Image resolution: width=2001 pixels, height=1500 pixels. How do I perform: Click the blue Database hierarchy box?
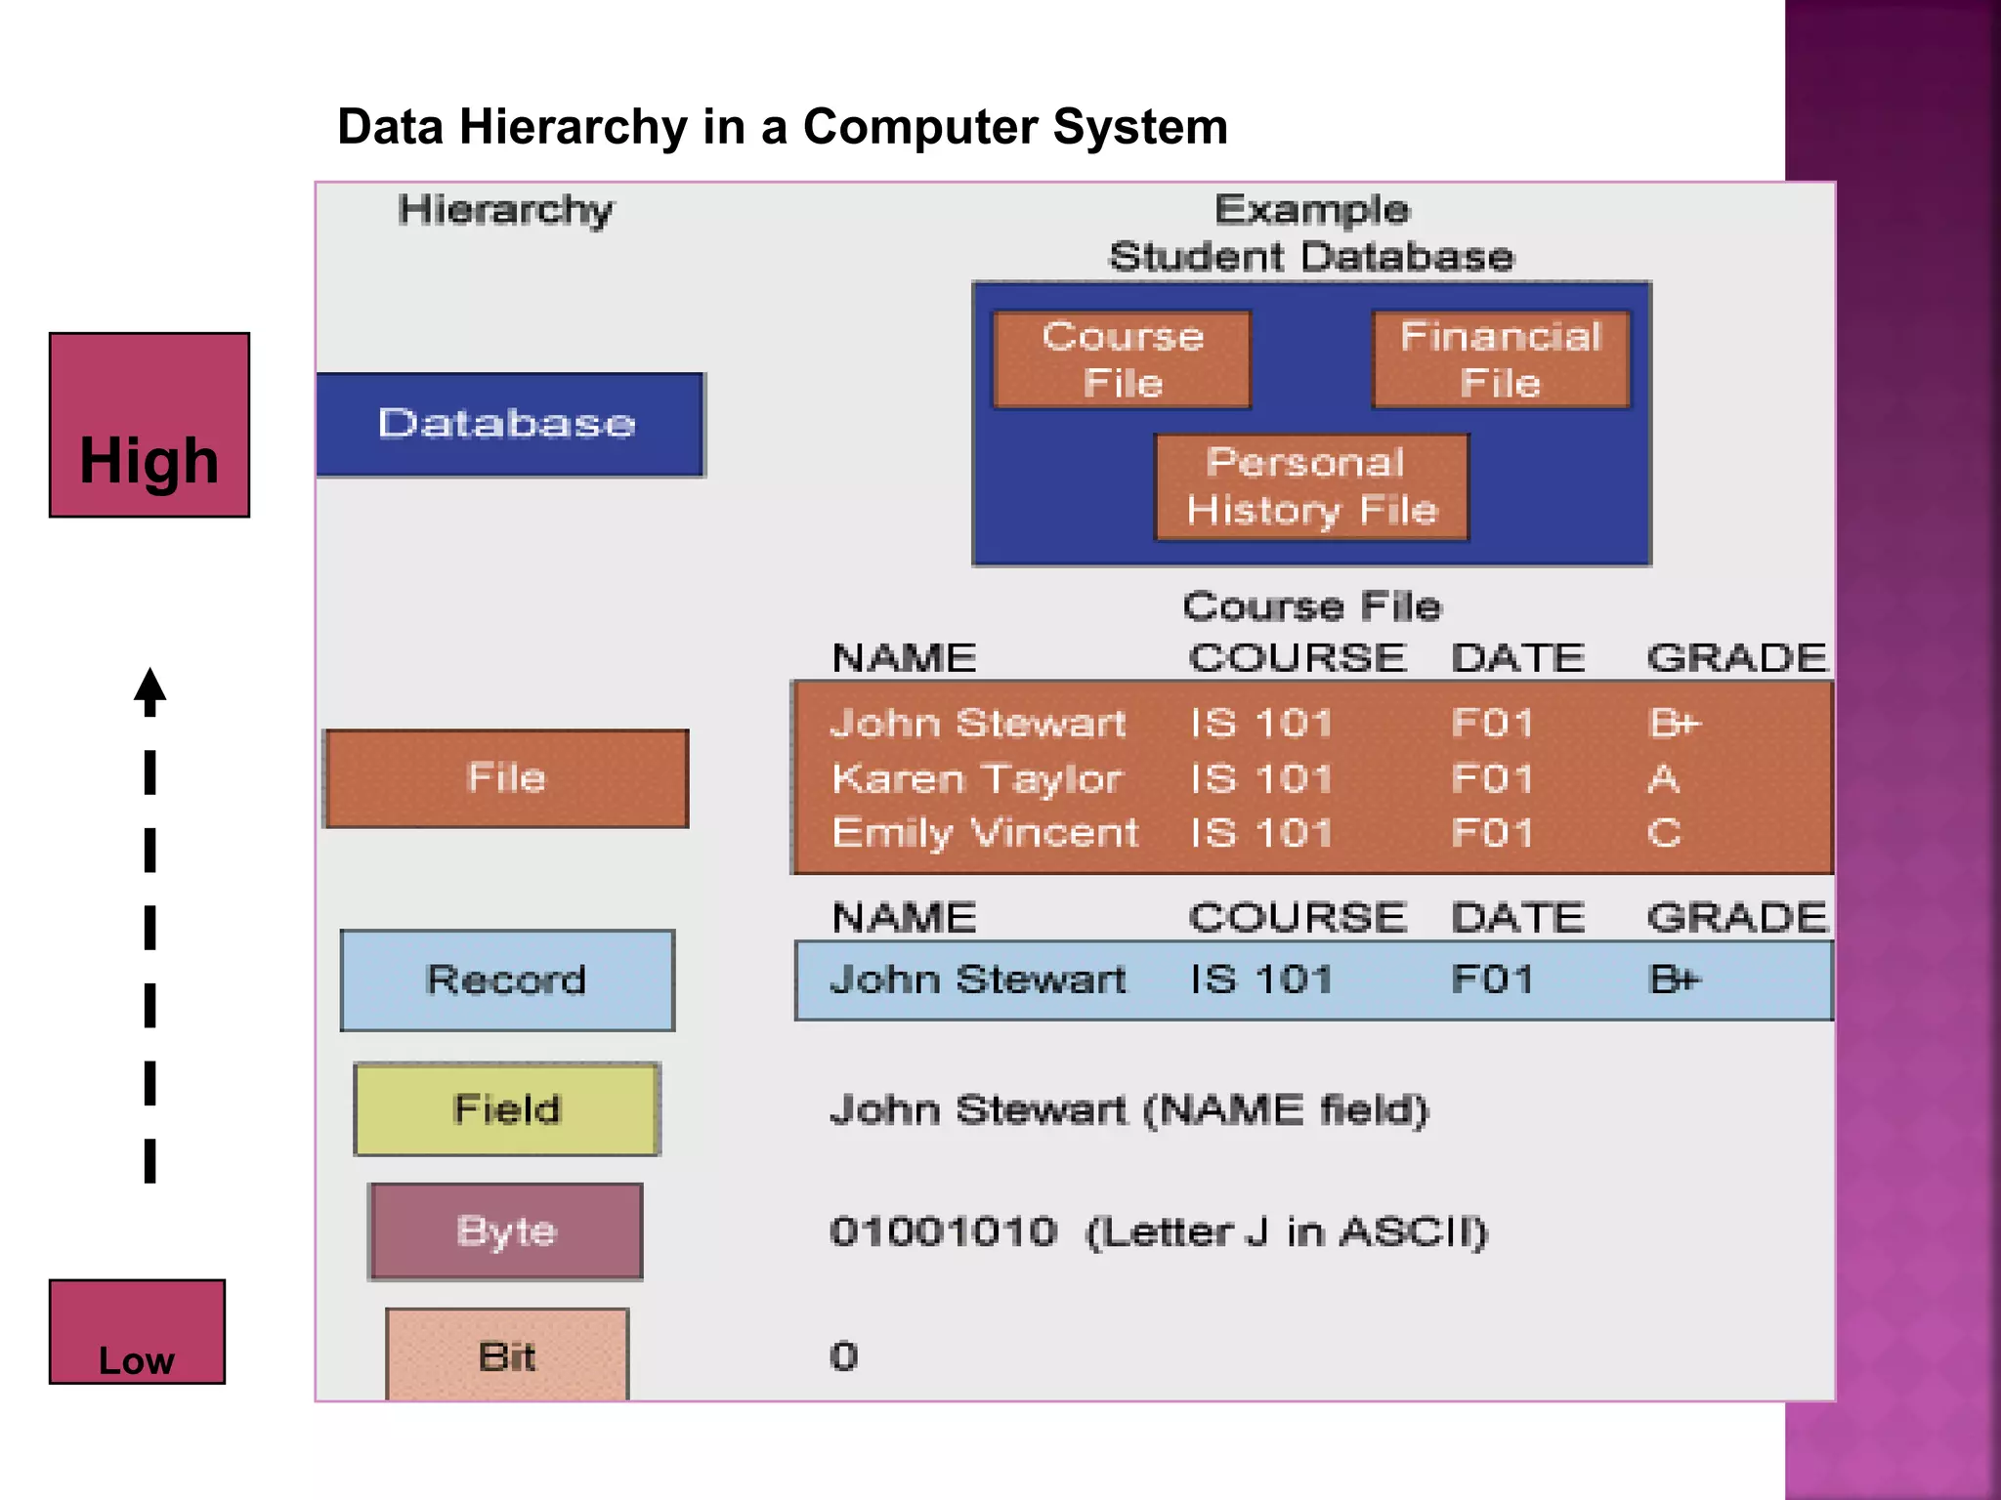(509, 424)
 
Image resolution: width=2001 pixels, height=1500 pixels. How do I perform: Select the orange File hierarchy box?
(506, 778)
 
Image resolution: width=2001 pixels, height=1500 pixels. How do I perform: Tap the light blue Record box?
(506, 979)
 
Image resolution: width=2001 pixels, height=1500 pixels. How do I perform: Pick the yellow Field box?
(506, 1109)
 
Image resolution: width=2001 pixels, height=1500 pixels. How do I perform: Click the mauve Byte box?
(505, 1230)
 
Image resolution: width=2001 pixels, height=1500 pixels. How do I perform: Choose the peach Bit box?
(506, 1355)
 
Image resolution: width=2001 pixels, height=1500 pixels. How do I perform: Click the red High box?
(149, 425)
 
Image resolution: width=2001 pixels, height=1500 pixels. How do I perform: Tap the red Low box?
(137, 1331)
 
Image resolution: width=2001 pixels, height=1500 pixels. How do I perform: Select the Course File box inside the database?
(1122, 359)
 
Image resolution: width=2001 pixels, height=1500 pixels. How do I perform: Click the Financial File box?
(1500, 359)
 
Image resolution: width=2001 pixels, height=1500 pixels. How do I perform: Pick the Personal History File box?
(1311, 486)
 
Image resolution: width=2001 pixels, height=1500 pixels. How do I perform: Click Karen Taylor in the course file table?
(977, 778)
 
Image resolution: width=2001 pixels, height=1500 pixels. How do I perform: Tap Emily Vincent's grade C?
(1663, 833)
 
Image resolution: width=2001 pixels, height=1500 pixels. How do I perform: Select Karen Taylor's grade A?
(1663, 778)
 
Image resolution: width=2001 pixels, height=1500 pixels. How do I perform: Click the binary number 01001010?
(943, 1231)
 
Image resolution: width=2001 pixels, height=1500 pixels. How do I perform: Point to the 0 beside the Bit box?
(843, 1356)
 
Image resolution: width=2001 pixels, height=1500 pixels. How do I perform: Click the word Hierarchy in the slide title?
(574, 127)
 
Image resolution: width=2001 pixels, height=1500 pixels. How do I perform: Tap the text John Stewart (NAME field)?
(1128, 1110)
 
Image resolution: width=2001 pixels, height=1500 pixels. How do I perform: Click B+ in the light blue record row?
(1675, 979)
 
